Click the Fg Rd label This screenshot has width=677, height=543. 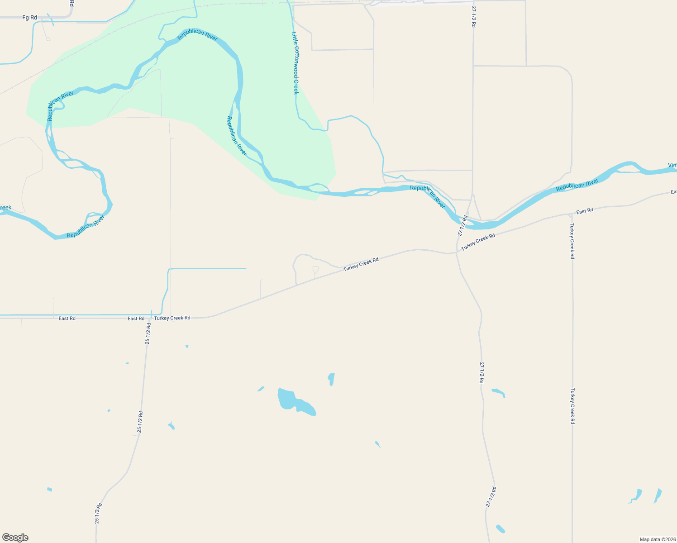click(x=29, y=18)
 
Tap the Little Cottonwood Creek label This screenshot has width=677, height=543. click(x=295, y=63)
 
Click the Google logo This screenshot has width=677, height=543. click(x=15, y=538)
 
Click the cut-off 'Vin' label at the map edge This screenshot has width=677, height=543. click(x=672, y=165)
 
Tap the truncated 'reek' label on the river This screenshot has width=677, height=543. click(x=5, y=208)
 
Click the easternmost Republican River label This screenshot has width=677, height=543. click(x=577, y=185)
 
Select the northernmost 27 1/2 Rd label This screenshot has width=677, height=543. click(x=473, y=17)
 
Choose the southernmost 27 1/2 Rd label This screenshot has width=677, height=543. click(x=491, y=497)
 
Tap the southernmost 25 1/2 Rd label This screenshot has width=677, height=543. click(x=98, y=514)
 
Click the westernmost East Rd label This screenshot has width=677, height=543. click(x=67, y=319)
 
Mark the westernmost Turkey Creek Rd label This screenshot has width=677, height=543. click(x=172, y=318)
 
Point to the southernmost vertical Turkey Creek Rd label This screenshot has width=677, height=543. click(x=572, y=406)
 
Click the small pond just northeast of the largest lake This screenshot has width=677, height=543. click(x=331, y=379)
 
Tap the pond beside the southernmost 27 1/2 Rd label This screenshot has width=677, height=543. click(x=501, y=529)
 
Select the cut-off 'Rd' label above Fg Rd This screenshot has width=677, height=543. click(x=72, y=3)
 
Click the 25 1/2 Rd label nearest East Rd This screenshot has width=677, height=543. click(x=148, y=334)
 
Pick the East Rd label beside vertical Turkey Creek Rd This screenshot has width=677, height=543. click(x=584, y=211)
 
